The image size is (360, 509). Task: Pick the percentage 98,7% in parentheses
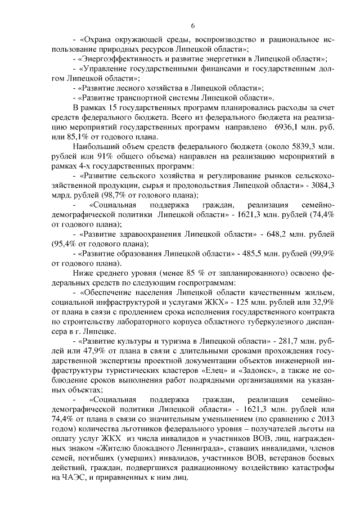pos(87,195)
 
